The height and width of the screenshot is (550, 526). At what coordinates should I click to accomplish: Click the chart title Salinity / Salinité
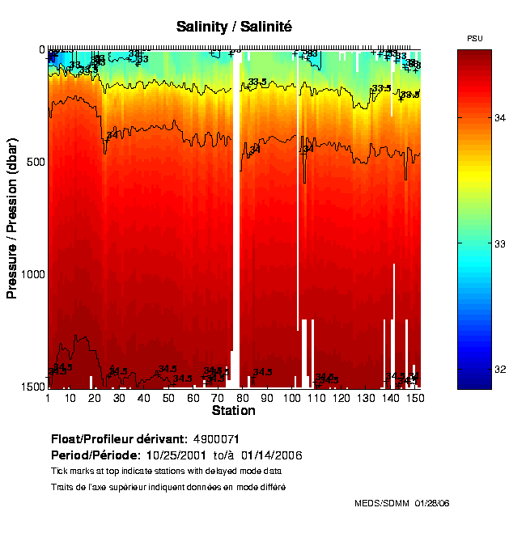pos(234,27)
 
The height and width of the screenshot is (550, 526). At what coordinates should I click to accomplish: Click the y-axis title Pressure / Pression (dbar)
pos(12,218)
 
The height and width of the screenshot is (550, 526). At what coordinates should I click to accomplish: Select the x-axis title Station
pos(233,411)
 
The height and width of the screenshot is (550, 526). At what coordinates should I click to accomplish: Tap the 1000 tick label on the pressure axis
pos(31,275)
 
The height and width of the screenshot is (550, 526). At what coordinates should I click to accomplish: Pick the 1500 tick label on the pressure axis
pos(31,387)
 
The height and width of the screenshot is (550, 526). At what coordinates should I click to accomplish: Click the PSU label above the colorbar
pos(475,39)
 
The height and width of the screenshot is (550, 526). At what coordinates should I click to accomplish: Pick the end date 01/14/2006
pos(272,455)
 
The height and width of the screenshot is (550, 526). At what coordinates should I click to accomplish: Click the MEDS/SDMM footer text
pos(382,503)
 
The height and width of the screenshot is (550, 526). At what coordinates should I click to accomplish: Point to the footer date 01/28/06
pos(431,503)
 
